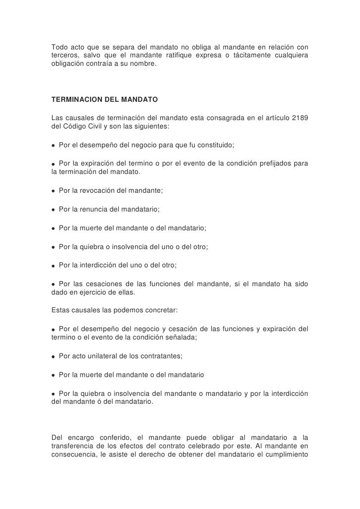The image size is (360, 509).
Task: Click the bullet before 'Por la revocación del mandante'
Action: [x=53, y=191]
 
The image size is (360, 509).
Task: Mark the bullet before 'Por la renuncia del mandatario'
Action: [x=53, y=210]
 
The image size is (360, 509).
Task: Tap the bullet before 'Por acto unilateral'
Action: [x=53, y=356]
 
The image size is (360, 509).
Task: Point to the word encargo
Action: [x=83, y=437]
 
